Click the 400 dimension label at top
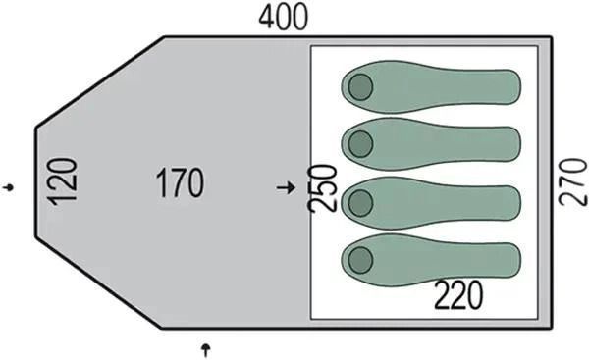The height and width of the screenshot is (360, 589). coord(284,18)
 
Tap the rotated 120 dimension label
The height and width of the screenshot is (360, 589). coord(63,182)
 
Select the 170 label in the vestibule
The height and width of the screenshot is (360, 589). coord(180,183)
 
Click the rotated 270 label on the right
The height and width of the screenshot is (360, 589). coord(573,182)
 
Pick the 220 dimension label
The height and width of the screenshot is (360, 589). coord(457,295)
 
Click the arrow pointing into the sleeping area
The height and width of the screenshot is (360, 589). coord(286,187)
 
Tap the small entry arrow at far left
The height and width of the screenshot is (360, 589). coord(9,187)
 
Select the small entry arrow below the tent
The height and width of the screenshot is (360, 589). coord(205,350)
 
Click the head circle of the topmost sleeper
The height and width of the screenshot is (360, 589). coord(360,87)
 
